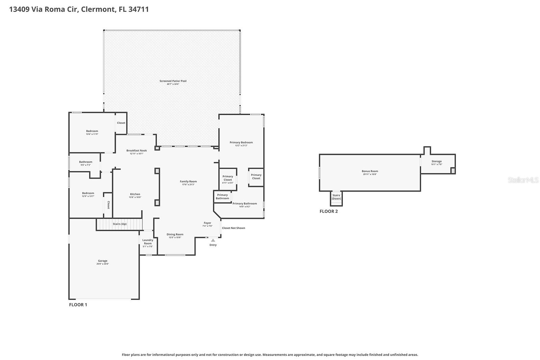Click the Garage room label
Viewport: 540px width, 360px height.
click(103, 261)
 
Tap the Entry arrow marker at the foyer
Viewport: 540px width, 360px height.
click(213, 240)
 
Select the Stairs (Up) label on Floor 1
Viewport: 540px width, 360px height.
click(119, 224)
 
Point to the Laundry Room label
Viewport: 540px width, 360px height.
click(148, 242)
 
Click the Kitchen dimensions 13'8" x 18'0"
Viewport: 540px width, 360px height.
click(135, 197)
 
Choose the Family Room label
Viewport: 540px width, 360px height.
click(188, 182)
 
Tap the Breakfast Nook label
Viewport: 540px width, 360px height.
click(137, 150)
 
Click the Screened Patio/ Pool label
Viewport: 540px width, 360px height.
click(173, 81)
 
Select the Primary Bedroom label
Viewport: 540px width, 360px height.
click(241, 142)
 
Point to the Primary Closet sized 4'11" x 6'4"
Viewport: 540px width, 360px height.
click(228, 178)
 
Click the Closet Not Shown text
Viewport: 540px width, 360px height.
click(234, 228)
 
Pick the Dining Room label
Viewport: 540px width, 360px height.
click(175, 234)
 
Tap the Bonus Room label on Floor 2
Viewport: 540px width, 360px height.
click(370, 171)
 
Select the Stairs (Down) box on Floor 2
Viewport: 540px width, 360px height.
click(336, 197)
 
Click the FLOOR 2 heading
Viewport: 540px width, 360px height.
click(329, 212)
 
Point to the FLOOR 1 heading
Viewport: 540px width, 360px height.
click(78, 305)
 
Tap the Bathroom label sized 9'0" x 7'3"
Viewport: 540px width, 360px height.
click(86, 162)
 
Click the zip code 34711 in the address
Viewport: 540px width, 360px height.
click(138, 9)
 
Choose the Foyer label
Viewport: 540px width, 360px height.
click(207, 223)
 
